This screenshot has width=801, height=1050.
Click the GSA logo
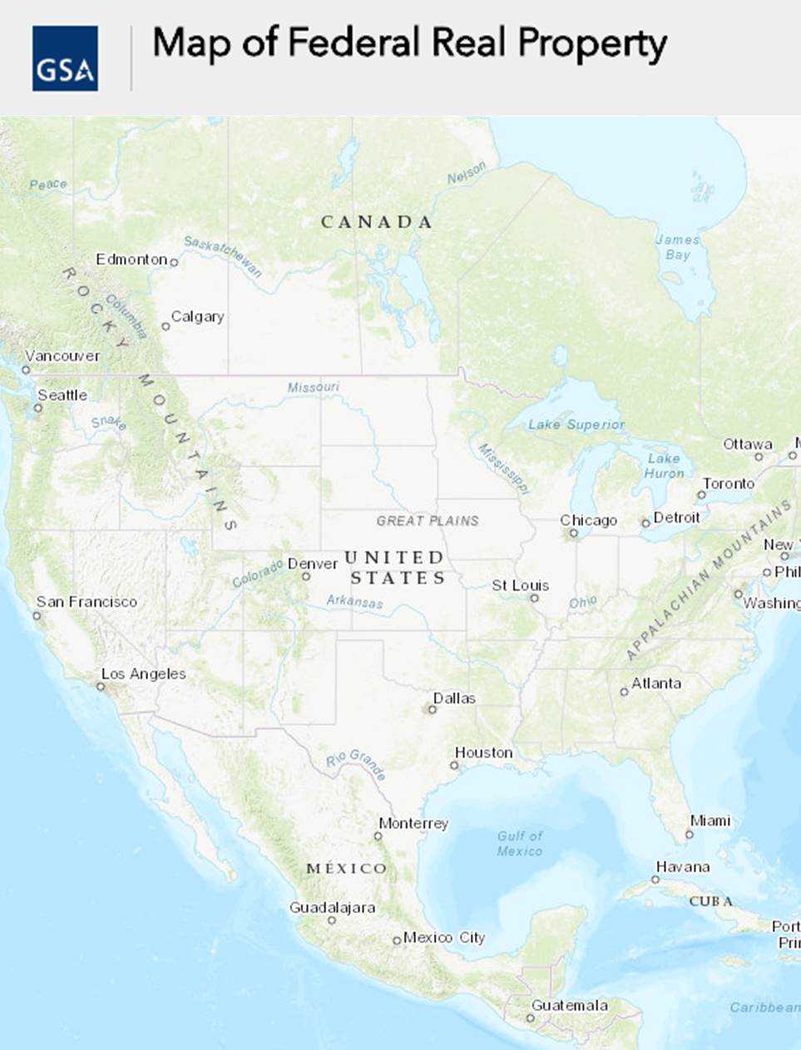65,58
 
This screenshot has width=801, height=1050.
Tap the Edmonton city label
131,259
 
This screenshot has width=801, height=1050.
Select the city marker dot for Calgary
166,326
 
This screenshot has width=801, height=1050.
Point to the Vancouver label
62,356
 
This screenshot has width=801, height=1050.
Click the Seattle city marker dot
38,407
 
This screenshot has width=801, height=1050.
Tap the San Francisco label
87,602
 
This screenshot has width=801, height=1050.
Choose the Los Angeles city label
143,674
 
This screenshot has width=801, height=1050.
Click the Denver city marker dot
306,576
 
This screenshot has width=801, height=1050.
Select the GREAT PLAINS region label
428,521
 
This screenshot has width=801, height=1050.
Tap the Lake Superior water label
576,425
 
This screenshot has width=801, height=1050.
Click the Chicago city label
588,520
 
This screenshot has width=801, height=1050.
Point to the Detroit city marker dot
645,523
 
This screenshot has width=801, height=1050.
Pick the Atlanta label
656,683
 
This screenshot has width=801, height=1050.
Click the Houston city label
483,752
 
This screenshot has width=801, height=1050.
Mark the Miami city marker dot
690,834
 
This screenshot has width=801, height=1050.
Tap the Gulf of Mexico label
520,843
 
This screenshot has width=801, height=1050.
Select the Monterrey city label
413,823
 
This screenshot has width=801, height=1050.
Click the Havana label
683,867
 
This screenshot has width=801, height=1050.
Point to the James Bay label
678,247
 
